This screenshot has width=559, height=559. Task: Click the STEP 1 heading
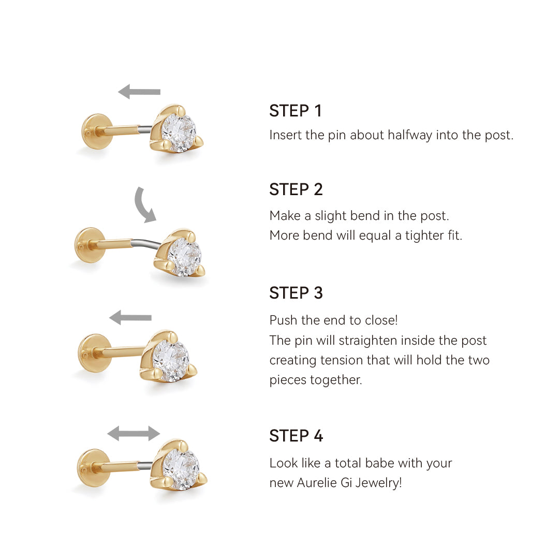(296, 111)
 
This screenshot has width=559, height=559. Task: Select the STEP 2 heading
(296, 189)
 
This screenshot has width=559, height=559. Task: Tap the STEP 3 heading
(296, 293)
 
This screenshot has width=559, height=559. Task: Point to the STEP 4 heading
(296, 436)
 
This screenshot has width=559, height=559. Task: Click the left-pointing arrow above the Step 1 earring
(139, 92)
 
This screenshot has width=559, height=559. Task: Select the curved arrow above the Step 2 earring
(144, 205)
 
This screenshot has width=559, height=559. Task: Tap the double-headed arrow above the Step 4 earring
(134, 433)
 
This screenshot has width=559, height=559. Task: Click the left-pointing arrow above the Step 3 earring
(130, 317)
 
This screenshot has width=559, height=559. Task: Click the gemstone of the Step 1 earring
(179, 133)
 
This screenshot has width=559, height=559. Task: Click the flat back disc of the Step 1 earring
(95, 131)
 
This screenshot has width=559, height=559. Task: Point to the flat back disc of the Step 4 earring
(92, 467)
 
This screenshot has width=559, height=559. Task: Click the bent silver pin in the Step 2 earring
(148, 244)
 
